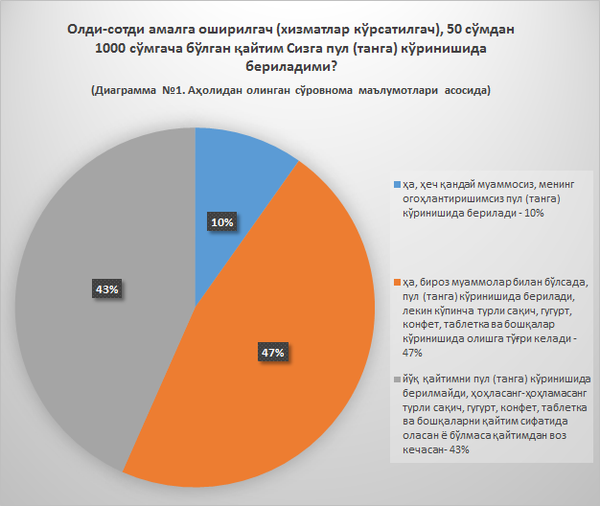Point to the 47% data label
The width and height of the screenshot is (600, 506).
point(272,353)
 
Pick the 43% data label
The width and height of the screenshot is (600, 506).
point(106,288)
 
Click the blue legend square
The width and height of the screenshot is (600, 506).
point(398,184)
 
